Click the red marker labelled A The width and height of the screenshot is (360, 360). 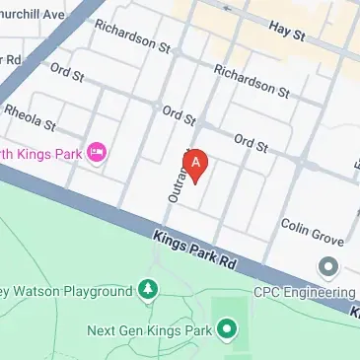(x=196, y=165)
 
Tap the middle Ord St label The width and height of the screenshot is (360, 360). (x=179, y=115)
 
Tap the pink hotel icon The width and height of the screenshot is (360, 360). (x=97, y=152)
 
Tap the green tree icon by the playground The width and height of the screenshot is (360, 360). (x=148, y=290)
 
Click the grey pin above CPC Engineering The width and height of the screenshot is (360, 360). (x=328, y=266)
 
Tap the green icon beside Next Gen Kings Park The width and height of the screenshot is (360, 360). (x=229, y=328)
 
